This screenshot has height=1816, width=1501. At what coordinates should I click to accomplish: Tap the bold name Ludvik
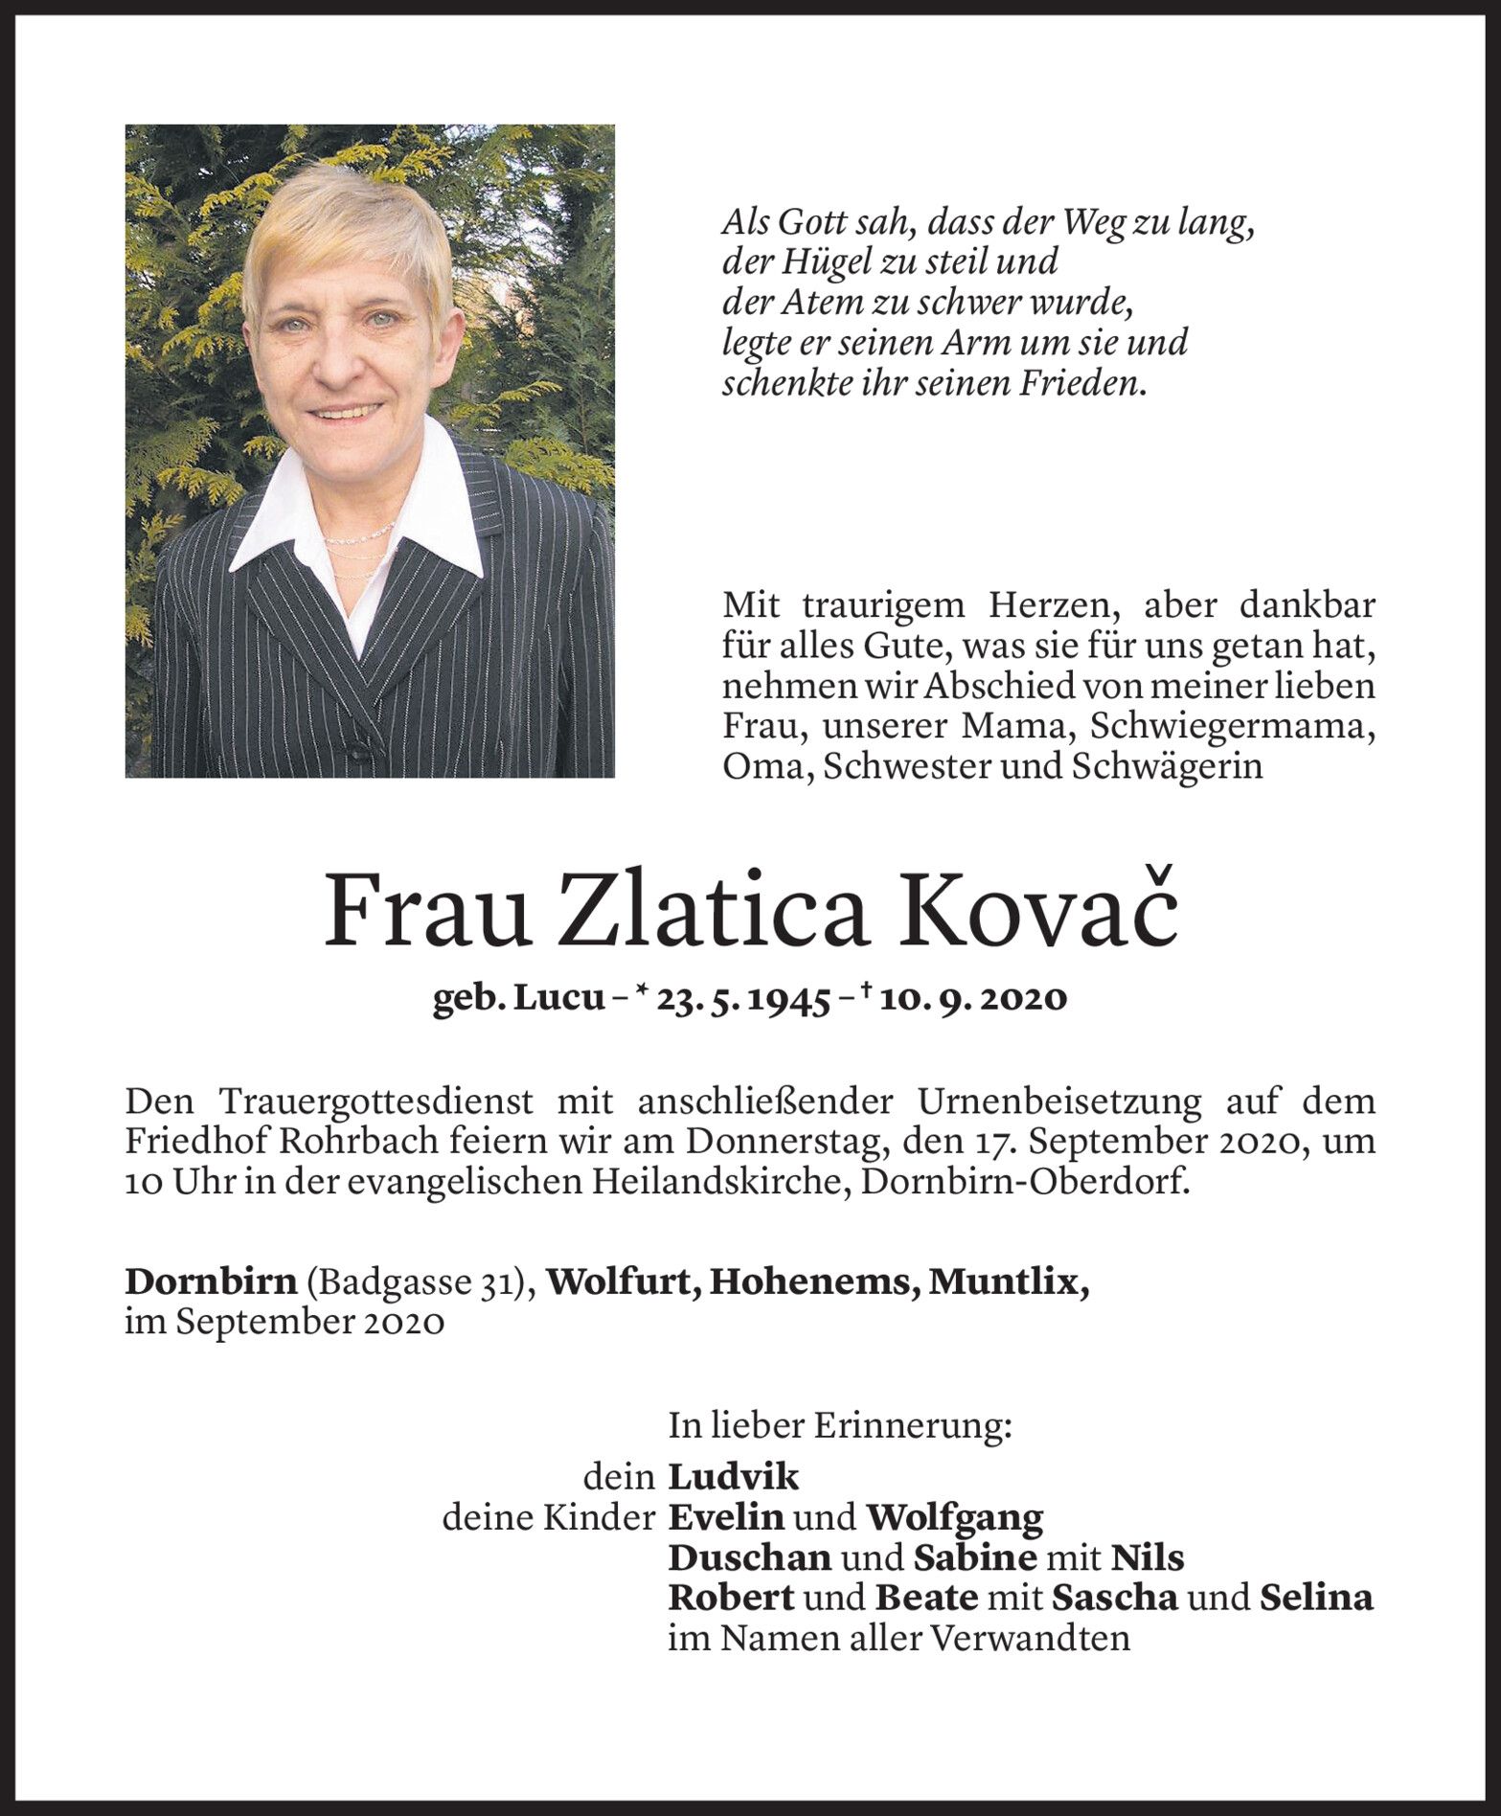733,1477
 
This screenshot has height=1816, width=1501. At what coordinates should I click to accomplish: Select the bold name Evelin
726,1517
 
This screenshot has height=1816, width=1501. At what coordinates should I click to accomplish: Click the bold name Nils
1148,1558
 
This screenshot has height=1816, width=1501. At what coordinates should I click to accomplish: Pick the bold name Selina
1316,1599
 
